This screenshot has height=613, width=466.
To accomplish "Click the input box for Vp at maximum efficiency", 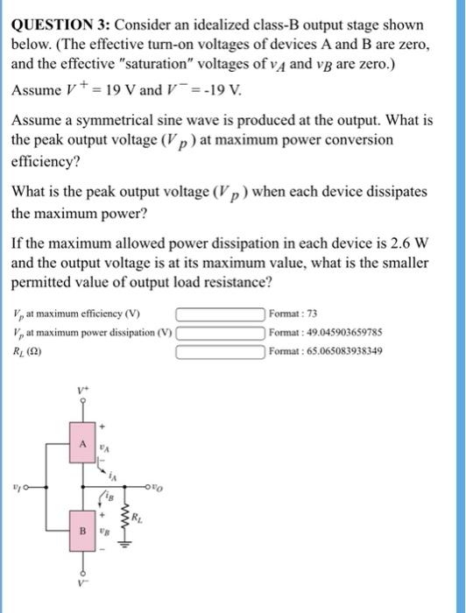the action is (222, 314).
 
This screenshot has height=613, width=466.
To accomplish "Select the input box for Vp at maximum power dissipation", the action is (222, 334).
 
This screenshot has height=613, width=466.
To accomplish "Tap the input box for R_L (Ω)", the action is (222, 353).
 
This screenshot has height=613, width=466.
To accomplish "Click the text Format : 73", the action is (296, 314).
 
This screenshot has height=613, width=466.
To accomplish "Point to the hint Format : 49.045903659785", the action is (328, 334).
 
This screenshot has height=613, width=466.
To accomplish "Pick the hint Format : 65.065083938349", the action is (328, 353).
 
